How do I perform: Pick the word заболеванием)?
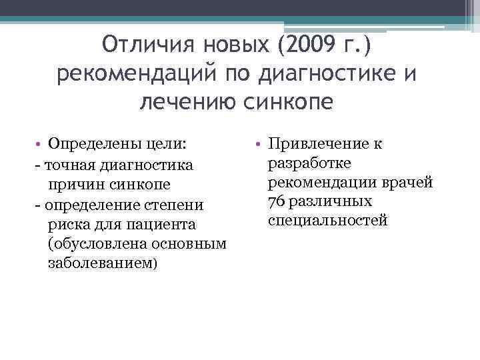click(x=103, y=263)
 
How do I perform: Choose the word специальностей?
click(x=327, y=221)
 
